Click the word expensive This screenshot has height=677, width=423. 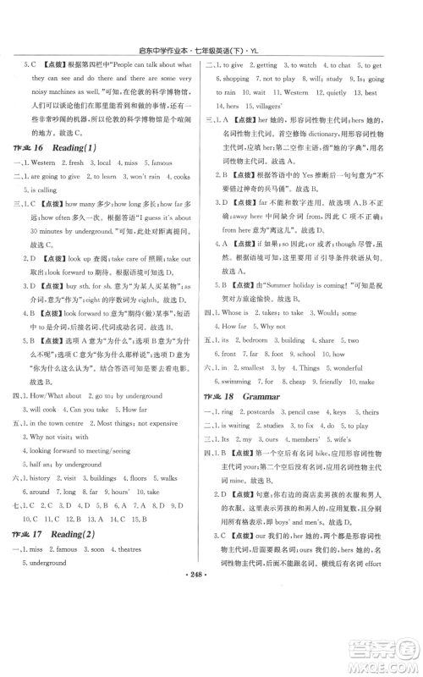tap(162, 425)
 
